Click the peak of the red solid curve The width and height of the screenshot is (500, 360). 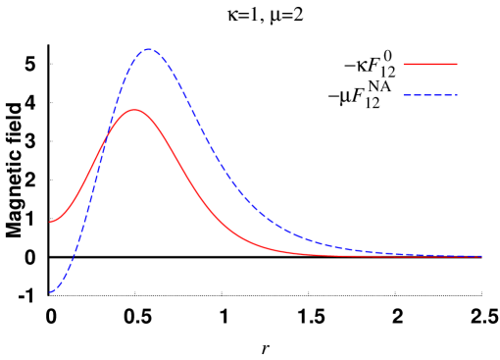[133, 110]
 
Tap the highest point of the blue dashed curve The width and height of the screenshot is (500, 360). [148, 49]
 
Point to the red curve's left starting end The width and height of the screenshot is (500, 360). [51, 222]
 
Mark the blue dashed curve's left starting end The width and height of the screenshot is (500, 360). [51, 292]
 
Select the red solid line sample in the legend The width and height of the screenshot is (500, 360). [430, 64]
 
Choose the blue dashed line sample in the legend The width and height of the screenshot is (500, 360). [430, 95]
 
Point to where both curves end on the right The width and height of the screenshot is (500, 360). [481, 257]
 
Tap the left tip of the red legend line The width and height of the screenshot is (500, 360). [404, 64]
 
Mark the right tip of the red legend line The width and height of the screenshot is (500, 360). [457, 64]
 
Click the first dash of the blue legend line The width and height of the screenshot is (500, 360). [407, 95]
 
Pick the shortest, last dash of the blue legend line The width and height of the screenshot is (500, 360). [457, 95]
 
